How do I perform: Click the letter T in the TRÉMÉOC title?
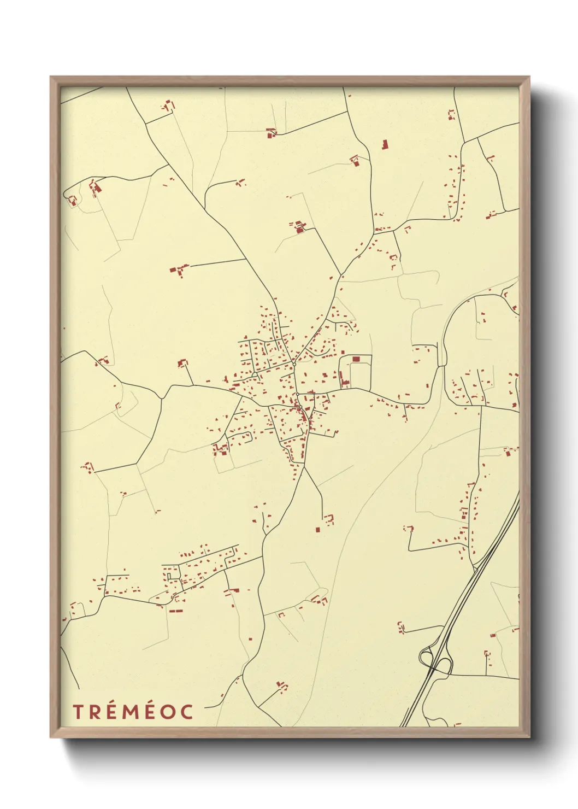pyautogui.click(x=78, y=712)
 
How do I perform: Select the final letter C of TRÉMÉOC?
pyautogui.click(x=187, y=712)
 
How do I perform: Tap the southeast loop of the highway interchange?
pyautogui.click(x=445, y=666)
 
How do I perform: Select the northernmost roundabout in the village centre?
pyautogui.click(x=294, y=364)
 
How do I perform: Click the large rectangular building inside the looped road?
pyautogui.click(x=356, y=359)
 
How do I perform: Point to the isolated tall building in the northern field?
pyautogui.click(x=384, y=145)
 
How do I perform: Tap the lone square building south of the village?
pyautogui.click(x=317, y=529)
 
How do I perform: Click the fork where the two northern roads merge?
pyautogui.click(x=341, y=274)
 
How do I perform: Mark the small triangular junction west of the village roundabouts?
pyautogui.click(x=255, y=375)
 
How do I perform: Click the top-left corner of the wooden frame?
pyautogui.click(x=51, y=77)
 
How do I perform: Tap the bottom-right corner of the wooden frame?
pyautogui.click(x=529, y=737)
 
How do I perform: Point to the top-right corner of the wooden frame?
pyautogui.click(x=529, y=77)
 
